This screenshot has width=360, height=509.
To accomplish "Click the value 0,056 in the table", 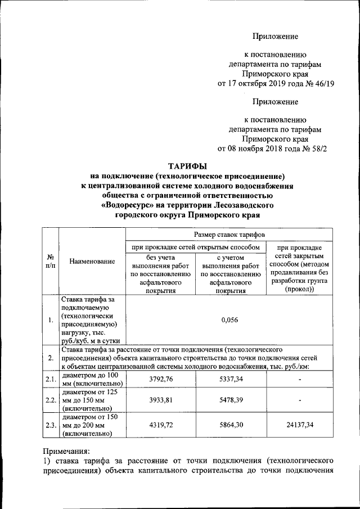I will click(x=229, y=320).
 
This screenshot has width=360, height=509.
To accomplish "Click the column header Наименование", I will click(x=92, y=262).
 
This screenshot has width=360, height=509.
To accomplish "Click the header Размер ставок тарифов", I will click(x=229, y=234).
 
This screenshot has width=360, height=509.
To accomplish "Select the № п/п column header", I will click(x=50, y=261).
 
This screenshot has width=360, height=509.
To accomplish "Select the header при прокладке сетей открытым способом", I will click(x=195, y=247).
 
